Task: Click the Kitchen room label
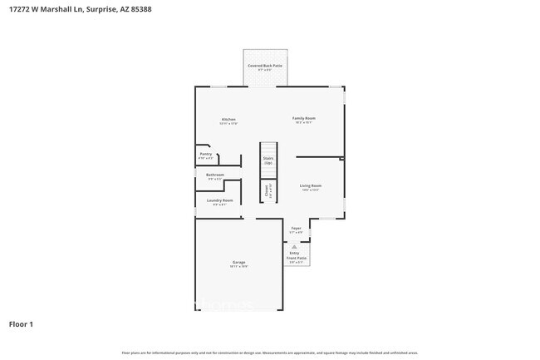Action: pyautogui.click(x=228, y=118)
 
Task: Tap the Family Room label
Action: pyautogui.click(x=303, y=118)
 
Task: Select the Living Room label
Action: pyautogui.click(x=311, y=185)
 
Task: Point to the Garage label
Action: pyautogui.click(x=238, y=262)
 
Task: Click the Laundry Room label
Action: pyautogui.click(x=221, y=200)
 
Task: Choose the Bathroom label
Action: pyautogui.click(x=215, y=175)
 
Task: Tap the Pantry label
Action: pyautogui.click(x=206, y=154)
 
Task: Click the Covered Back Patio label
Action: pyautogui.click(x=264, y=65)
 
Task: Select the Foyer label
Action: pyautogui.click(x=296, y=228)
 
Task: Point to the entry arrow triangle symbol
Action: pyautogui.click(x=296, y=246)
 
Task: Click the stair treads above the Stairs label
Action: pyautogui.click(x=268, y=148)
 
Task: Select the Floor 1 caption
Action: pyautogui.click(x=22, y=323)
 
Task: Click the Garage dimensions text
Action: pyautogui.click(x=238, y=266)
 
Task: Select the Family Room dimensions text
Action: pyautogui.click(x=303, y=123)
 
